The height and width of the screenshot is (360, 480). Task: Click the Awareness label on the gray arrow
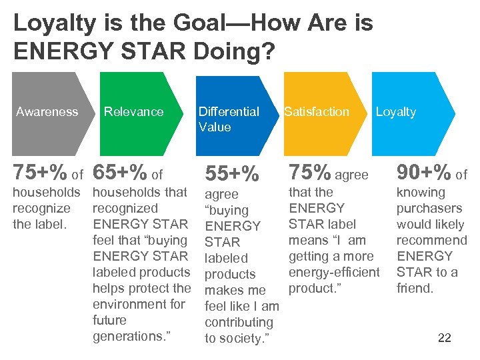pyautogui.click(x=47, y=112)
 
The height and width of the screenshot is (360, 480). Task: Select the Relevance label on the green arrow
pyautogui.click(x=133, y=112)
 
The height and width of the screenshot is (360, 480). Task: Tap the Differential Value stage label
pyautogui.click(x=229, y=119)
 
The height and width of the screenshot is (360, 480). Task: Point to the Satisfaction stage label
pyautogui.click(x=317, y=112)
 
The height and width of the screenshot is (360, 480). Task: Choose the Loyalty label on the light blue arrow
pyautogui.click(x=395, y=112)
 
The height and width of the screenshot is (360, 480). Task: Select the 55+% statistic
pyautogui.click(x=231, y=174)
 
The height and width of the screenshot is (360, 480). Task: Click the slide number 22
pyautogui.click(x=445, y=338)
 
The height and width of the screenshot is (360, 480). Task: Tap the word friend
pyautogui.click(x=415, y=288)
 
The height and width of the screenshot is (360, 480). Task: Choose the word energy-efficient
pyautogui.click(x=334, y=272)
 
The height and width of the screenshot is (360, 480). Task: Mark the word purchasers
pyautogui.click(x=429, y=208)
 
